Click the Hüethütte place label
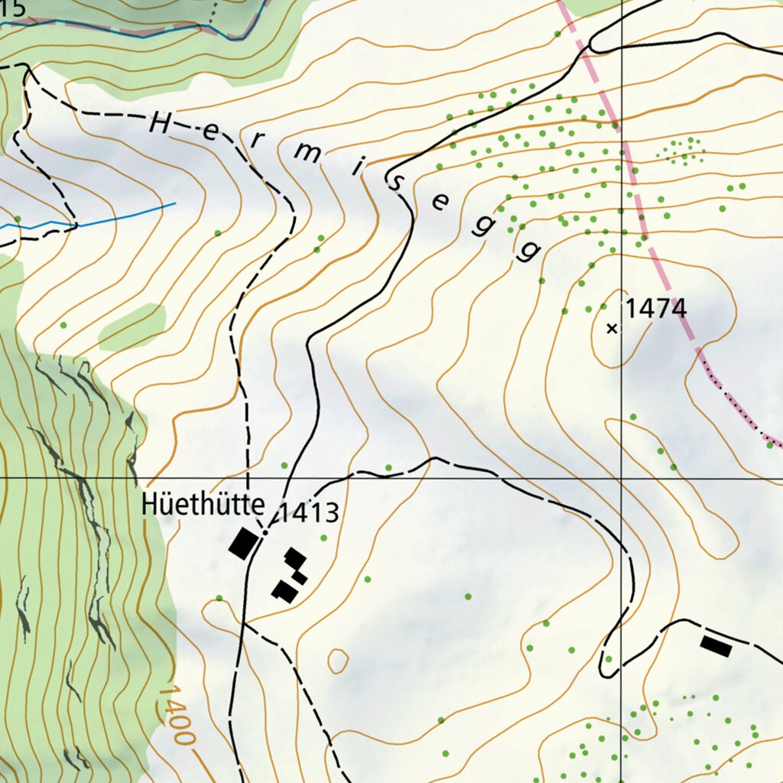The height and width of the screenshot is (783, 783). (203, 505)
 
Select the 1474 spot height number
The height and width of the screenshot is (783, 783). (656, 309)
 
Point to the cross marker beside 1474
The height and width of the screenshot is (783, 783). (611, 329)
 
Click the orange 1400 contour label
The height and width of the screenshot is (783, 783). (176, 715)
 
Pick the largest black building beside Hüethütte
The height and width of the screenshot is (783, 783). (243, 544)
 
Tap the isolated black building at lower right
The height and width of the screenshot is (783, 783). (716, 647)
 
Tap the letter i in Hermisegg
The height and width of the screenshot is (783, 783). (356, 166)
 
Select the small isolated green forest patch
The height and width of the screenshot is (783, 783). (132, 326)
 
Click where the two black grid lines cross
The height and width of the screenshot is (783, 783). (622, 478)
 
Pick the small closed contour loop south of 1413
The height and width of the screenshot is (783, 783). (337, 661)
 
